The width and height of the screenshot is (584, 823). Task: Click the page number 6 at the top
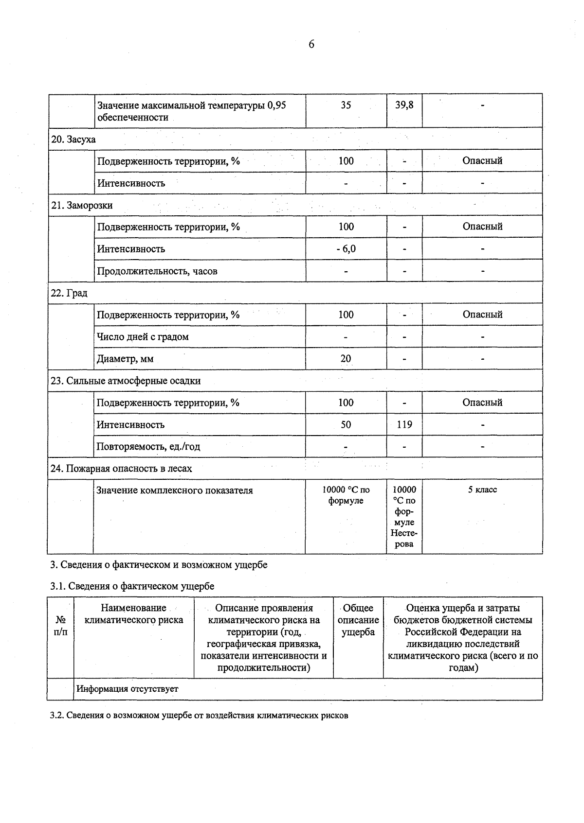pos(311,45)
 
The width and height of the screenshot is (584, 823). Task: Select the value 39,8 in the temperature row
pos(404,105)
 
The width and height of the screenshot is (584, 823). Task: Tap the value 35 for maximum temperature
pos(346,105)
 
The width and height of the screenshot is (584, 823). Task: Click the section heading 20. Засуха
pos(73,140)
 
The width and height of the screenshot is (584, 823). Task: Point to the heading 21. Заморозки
pos(82,205)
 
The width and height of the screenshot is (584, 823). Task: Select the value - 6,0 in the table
pos(346,249)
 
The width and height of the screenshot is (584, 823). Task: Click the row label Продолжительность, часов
pos(157,271)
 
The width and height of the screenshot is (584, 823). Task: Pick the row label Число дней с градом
pos(143,337)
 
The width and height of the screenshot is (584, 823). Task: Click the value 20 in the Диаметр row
pos(346,359)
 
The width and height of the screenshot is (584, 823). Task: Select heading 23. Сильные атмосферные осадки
pos(126,381)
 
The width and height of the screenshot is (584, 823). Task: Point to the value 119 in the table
pos(404,425)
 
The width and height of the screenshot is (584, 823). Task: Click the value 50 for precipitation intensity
pos(346,425)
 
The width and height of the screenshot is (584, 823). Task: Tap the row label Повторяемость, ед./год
pos(148,447)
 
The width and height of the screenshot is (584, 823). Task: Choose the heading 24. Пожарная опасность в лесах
pos(121,469)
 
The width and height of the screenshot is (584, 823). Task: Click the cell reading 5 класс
pos(482,490)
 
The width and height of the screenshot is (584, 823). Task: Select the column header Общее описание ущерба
pos(358,620)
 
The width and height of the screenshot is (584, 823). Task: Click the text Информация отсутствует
pos(128,689)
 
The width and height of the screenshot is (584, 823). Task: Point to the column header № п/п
pos(61,626)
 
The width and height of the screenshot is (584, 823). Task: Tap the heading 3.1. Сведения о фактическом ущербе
pos(132,586)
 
